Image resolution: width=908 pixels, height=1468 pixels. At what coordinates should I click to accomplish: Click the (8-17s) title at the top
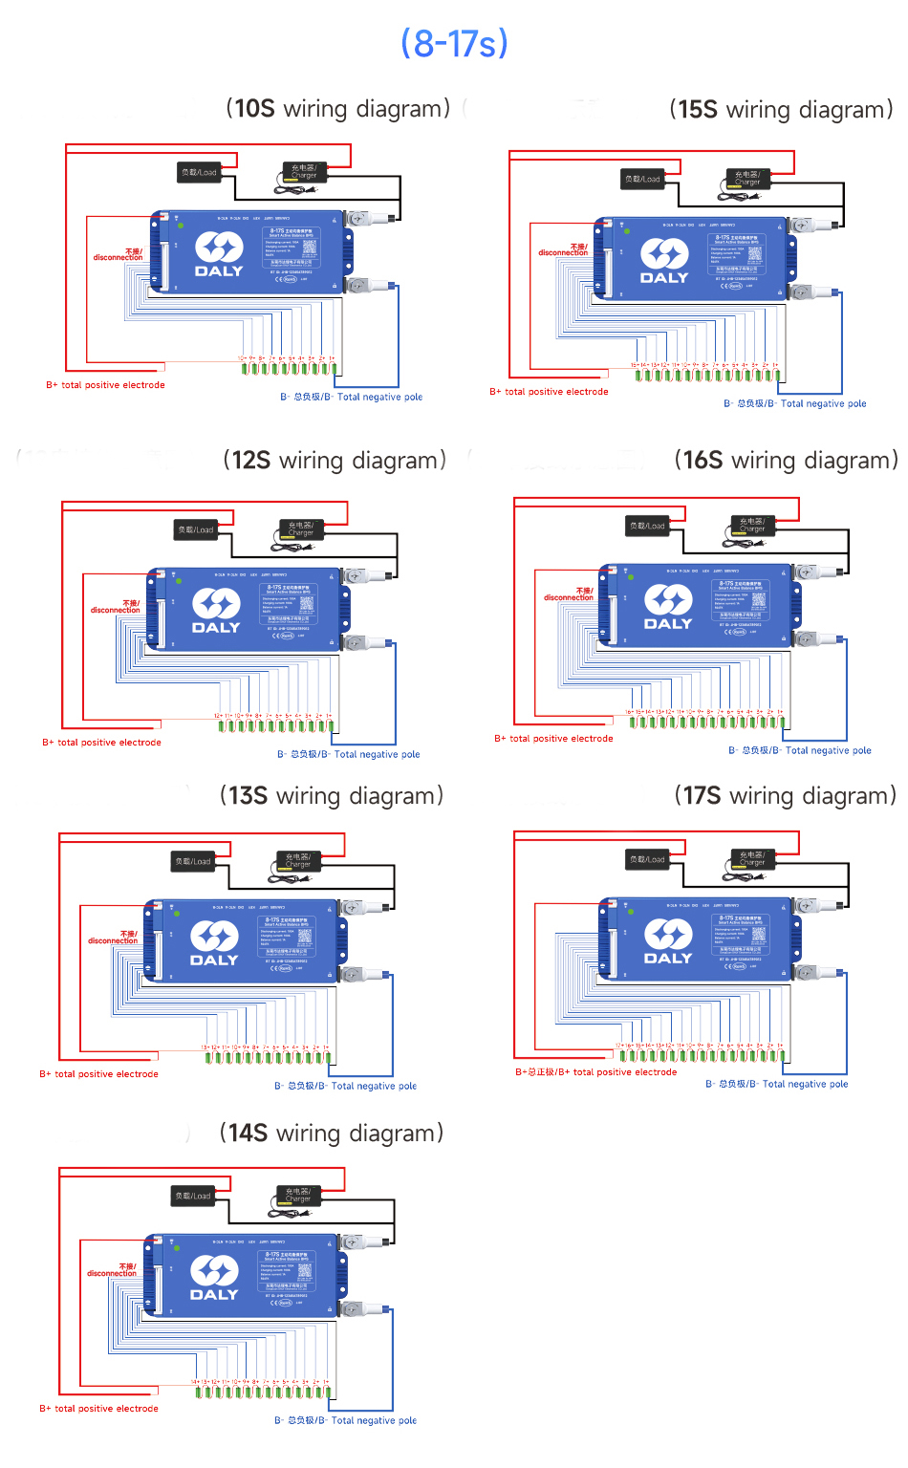click(454, 44)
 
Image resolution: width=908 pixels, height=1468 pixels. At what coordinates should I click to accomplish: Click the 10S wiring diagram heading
click(338, 109)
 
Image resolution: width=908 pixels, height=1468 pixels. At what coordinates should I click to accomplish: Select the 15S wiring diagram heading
click(781, 110)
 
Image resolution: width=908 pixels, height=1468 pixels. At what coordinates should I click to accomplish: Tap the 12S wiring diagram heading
click(335, 461)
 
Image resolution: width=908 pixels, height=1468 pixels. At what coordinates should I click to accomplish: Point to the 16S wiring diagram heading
click(786, 461)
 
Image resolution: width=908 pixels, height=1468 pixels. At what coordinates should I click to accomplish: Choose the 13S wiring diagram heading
click(332, 796)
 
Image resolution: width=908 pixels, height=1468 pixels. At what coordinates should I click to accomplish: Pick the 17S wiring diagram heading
click(785, 796)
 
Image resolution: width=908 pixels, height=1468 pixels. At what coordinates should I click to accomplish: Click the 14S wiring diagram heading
click(332, 1133)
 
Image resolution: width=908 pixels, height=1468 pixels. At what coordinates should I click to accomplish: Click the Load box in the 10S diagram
click(199, 173)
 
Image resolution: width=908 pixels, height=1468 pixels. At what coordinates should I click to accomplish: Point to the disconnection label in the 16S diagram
click(569, 594)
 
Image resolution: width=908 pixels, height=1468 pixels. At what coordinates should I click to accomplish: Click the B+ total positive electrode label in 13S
click(99, 1074)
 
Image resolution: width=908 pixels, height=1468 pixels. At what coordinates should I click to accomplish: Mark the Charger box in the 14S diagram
click(298, 1196)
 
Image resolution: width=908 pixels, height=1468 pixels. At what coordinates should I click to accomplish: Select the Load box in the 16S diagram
click(647, 526)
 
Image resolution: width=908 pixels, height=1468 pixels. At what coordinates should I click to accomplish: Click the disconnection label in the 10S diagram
click(119, 255)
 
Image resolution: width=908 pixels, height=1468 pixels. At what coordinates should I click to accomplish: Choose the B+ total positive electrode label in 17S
click(596, 1072)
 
